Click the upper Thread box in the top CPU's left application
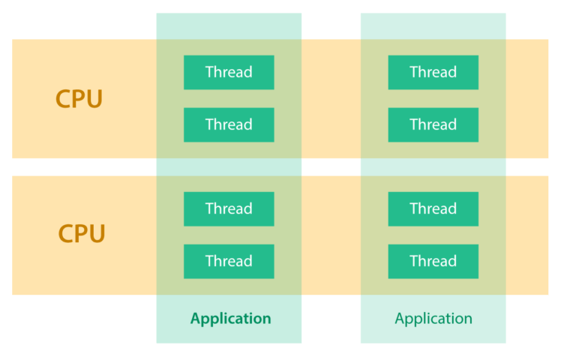(229, 72)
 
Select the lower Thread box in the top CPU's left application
(229, 124)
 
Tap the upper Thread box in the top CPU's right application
(433, 72)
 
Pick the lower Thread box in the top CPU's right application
(433, 124)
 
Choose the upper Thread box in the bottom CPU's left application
(229, 208)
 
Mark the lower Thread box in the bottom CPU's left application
(229, 261)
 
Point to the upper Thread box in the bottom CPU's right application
(433, 208)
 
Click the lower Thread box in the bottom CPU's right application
(433, 261)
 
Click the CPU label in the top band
(79, 99)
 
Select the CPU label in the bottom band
(82, 234)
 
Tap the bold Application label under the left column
(230, 319)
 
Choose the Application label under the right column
(433, 319)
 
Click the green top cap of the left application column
(229, 25)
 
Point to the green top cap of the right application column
(433, 25)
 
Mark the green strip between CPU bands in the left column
(229, 167)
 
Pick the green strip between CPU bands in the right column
(433, 167)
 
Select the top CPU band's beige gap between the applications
(331, 99)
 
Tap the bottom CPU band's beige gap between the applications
(331, 235)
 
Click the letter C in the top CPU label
(64, 99)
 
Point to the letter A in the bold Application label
(196, 319)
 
